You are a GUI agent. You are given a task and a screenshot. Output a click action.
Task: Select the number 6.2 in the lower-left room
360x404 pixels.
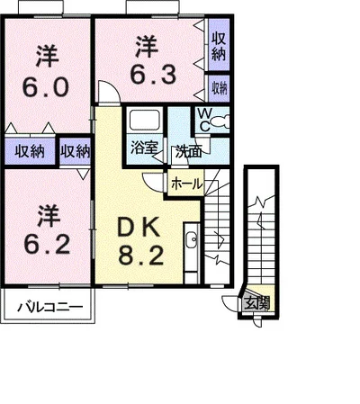click(x=46, y=244)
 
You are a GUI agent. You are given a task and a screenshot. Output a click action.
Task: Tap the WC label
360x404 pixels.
click(x=203, y=121)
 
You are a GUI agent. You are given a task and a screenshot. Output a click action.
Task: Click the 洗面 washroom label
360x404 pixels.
click(x=188, y=151)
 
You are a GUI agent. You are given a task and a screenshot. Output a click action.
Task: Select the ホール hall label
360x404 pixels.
click(x=185, y=184)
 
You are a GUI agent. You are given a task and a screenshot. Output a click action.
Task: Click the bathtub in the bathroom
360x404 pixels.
click(x=143, y=121)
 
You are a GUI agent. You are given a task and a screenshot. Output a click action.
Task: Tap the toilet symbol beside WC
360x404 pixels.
click(x=220, y=121)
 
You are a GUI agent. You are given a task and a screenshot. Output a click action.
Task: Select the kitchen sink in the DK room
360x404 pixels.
click(x=191, y=240)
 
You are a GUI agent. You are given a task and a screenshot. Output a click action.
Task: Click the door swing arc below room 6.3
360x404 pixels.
click(x=104, y=92)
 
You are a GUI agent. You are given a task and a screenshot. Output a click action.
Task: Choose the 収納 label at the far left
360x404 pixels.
click(x=31, y=150)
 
